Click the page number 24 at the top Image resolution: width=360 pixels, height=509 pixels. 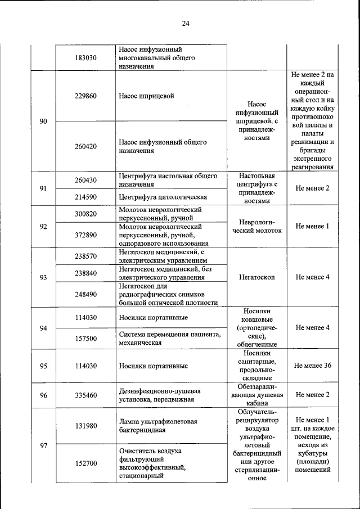186,23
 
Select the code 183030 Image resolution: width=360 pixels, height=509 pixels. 85,58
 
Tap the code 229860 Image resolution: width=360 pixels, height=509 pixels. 85,96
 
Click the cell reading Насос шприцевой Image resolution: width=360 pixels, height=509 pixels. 146,96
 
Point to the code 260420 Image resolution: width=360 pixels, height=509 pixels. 85,146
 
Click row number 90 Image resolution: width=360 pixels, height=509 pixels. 43,121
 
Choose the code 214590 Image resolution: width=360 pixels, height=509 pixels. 85,197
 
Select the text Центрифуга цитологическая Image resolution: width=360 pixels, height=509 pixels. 163,197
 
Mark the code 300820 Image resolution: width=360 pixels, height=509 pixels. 85,214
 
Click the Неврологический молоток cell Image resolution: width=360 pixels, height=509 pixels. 256,226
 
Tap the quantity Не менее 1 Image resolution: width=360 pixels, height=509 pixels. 312,226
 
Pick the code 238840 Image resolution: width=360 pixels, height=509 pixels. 85,272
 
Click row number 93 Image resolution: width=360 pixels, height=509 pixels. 43,277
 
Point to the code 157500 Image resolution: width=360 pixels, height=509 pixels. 85,339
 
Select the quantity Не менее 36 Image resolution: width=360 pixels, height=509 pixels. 312,366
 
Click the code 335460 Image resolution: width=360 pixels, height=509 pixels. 85,395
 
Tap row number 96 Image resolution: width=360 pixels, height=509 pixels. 43,395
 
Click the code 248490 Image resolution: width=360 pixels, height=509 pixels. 85,294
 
